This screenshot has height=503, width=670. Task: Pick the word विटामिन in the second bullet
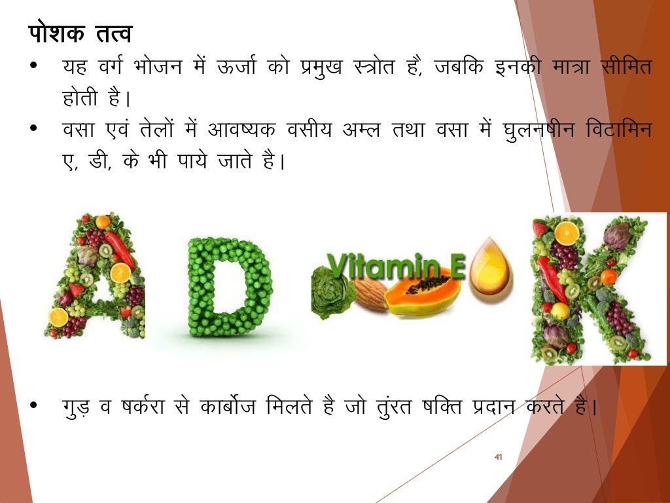coord(622,130)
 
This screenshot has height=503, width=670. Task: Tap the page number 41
coord(498,456)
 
